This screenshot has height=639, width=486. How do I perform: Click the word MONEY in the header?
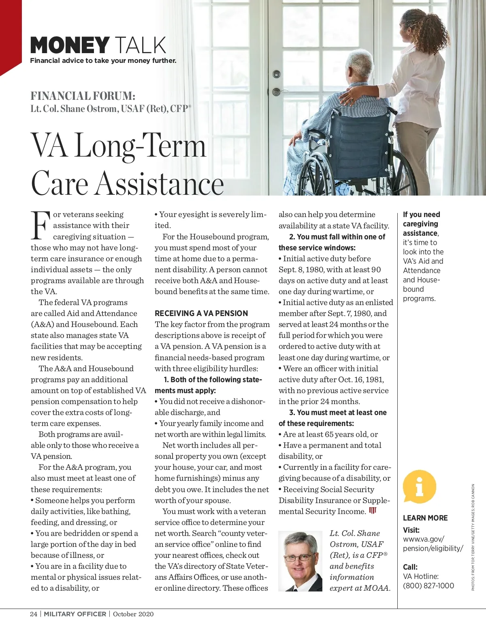point(70,45)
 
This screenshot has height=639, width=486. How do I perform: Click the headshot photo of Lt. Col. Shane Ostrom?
point(300,561)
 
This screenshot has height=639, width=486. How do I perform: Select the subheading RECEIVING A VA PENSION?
point(201,313)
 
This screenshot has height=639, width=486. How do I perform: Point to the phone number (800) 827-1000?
point(428,585)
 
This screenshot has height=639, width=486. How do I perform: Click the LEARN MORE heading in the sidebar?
point(425,518)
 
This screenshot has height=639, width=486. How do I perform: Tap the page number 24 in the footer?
point(34,614)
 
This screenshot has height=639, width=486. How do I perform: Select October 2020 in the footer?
point(133,614)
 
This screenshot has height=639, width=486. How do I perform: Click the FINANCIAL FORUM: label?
point(83,96)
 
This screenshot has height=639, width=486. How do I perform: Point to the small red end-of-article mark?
point(373,510)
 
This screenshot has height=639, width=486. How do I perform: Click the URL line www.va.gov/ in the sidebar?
point(424,539)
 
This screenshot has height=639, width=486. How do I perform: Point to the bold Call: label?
point(410,567)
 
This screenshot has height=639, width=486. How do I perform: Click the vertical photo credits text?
point(473,537)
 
